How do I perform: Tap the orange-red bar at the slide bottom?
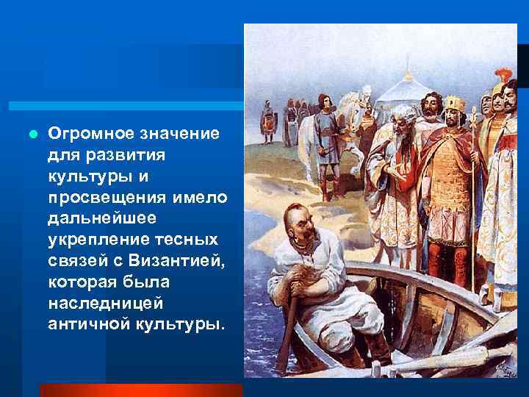pos(140,390)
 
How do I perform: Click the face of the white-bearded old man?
pos(403,121)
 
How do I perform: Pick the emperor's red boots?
pos(442,272)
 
